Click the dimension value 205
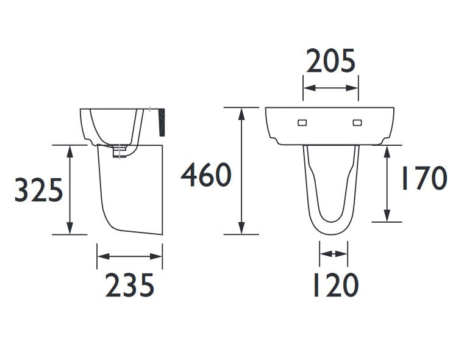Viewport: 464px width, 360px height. [330, 61]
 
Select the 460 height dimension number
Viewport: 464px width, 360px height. [206, 175]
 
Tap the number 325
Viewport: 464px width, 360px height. [39, 190]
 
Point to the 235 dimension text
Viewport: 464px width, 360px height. [130, 285]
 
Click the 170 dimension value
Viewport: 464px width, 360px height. [424, 178]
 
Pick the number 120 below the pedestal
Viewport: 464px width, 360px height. [336, 285]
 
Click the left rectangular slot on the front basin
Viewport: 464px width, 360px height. [302, 123]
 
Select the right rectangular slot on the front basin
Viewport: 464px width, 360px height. [357, 123]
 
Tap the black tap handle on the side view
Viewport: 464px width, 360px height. [162, 123]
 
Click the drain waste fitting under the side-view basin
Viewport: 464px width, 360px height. [120, 151]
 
